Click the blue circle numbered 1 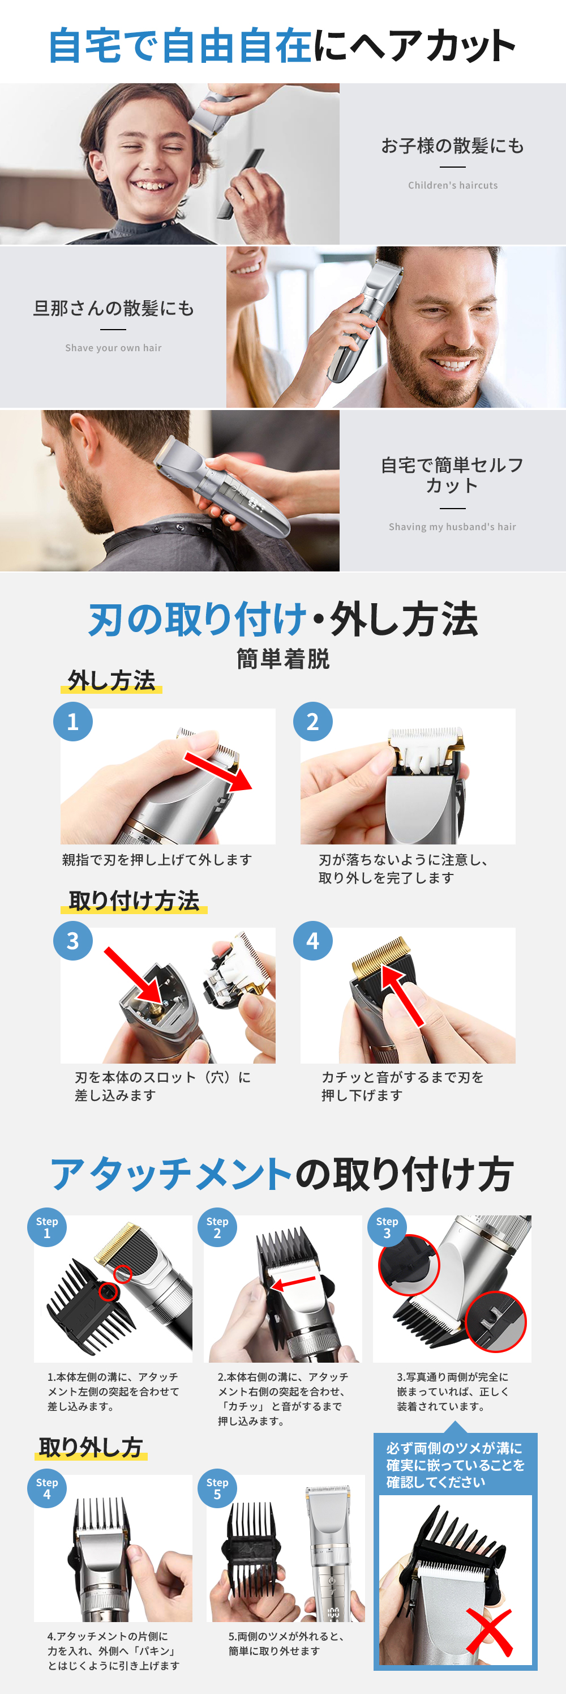coord(73,722)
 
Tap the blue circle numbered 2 coord(313,722)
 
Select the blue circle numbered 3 coord(73,940)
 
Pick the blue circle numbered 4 coord(313,940)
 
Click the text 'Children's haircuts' coord(453,185)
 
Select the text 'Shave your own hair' coord(113,348)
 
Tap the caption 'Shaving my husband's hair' coord(452,527)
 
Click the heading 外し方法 coord(112,680)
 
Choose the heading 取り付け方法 coord(134,901)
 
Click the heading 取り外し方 coord(91,1448)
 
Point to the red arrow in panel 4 coord(402,996)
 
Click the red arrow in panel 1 coord(217,771)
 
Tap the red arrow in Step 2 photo coord(293,1283)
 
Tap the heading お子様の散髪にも coord(453,146)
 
